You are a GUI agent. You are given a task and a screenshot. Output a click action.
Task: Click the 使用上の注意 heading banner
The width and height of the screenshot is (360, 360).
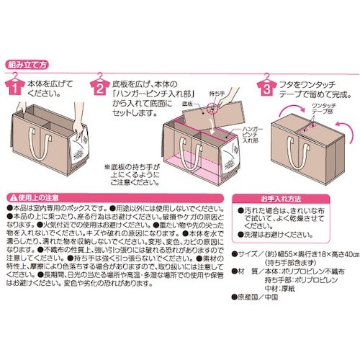(x=36, y=196)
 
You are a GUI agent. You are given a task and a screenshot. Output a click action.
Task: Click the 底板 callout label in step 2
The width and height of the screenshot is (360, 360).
(x=186, y=104)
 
